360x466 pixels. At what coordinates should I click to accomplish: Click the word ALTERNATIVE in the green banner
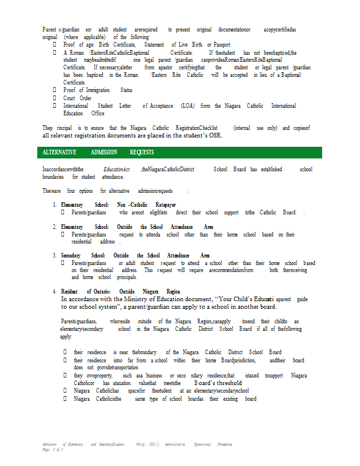point(59,153)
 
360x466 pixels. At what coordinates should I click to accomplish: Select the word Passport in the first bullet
point(222,45)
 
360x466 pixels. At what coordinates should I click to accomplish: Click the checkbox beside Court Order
point(55,98)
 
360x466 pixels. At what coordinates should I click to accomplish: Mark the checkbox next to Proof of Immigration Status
point(55,90)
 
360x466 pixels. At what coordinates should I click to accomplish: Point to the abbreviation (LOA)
point(188,106)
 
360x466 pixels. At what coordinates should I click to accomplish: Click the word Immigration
point(98,90)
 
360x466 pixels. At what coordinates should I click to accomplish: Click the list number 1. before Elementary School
point(55,205)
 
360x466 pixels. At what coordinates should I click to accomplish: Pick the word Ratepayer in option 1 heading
point(166,205)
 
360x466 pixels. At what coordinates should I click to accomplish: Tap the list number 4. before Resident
point(55,291)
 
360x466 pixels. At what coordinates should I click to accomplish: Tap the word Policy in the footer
point(141,444)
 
